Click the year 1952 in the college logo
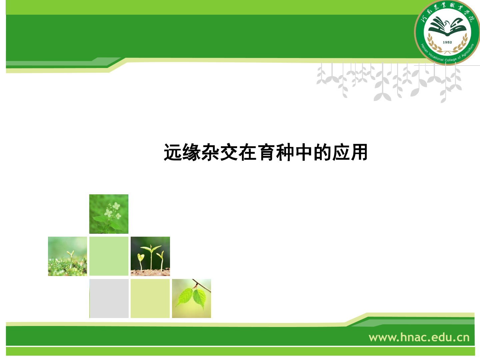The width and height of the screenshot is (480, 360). tap(447, 42)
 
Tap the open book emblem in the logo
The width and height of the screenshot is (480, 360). tap(447, 27)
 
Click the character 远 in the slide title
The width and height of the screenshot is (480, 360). tap(173, 152)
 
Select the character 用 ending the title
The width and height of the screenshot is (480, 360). tap(359, 152)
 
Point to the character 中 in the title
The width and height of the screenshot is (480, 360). tap(304, 152)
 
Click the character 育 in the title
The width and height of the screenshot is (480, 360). tap(266, 152)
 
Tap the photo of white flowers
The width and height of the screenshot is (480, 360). tap(109, 214)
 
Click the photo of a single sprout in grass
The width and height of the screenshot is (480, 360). tap(67, 256)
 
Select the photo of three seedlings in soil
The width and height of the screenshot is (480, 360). tap(150, 256)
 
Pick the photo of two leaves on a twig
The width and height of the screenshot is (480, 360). tap(192, 298)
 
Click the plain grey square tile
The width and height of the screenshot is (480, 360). tap(109, 298)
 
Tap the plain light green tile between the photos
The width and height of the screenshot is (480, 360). tap(109, 256)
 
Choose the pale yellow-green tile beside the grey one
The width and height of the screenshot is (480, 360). tap(150, 298)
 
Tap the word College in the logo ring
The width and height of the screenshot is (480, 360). tap(451, 59)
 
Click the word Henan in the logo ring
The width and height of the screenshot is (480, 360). tap(424, 48)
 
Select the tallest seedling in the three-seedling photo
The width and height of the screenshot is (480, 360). tap(151, 258)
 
